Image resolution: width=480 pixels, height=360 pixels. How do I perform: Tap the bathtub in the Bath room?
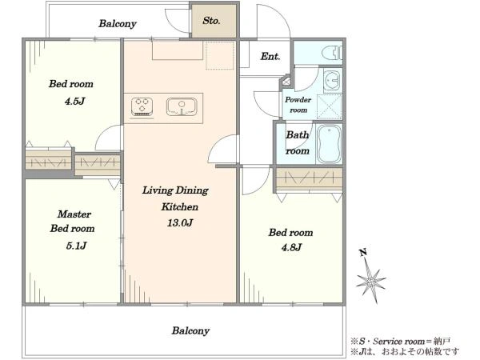329,144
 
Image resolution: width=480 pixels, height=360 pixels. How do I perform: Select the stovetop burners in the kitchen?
142,107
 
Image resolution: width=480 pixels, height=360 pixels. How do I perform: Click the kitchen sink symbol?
182,107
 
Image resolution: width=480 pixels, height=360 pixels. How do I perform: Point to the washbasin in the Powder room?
331,80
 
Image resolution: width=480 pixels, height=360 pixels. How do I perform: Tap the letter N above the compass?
363,253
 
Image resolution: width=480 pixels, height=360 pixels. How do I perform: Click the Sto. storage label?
211,21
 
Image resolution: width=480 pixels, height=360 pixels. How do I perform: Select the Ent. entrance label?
270,56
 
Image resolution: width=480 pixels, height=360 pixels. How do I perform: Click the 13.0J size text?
180,223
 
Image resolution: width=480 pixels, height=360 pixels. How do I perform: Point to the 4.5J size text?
74,102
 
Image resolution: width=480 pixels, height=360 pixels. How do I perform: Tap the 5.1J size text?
76,246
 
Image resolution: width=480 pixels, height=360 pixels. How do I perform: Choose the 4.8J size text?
291,247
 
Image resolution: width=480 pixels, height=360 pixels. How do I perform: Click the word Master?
74,214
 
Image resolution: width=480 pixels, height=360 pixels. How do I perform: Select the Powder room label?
298,105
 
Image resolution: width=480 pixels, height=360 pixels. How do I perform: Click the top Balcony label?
118,24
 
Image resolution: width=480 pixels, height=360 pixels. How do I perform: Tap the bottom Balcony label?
190,331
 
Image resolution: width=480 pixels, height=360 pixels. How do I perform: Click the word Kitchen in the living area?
180,207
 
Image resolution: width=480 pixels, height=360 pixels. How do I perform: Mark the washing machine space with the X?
330,107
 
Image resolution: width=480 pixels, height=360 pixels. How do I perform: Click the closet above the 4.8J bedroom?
309,178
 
